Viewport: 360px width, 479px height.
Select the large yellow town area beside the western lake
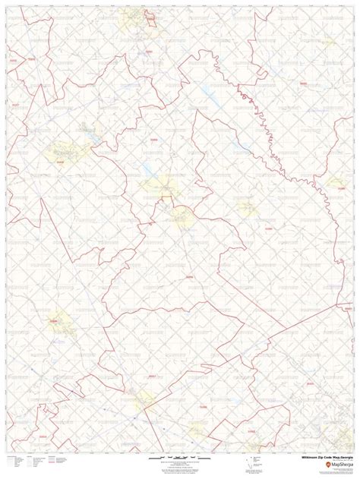(x=67, y=148)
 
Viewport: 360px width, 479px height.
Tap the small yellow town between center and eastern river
(x=247, y=206)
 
